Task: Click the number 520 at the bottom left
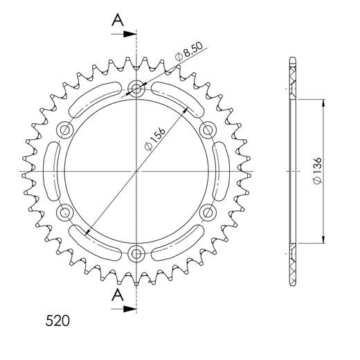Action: pos(55,322)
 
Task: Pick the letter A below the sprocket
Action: pos(118,296)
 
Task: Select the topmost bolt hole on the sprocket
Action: pos(136,88)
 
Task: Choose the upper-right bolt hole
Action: pos(207,129)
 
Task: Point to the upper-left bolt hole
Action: pos(66,129)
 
